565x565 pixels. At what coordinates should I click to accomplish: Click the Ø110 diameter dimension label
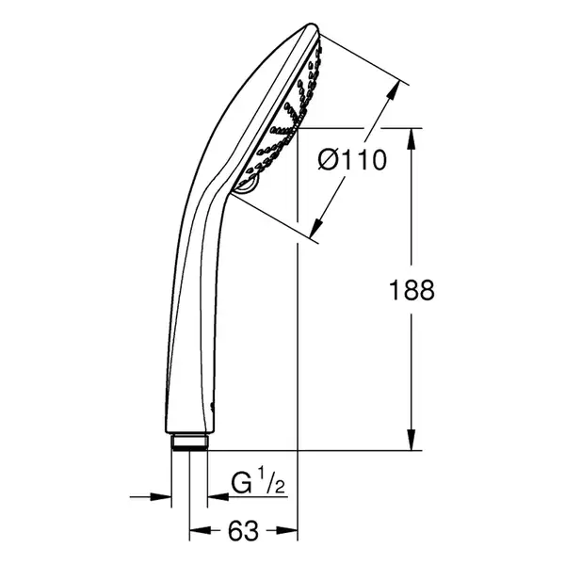tap(352, 160)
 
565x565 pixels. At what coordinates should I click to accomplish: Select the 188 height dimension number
tap(412, 290)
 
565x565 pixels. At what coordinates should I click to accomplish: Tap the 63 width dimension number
tap(243, 530)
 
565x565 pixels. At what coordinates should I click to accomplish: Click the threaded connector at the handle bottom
tap(189, 443)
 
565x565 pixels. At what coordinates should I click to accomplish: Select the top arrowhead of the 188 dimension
tap(412, 138)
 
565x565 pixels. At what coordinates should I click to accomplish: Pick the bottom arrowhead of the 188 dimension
tap(412, 440)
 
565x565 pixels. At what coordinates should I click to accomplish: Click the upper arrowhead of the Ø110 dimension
tap(394, 89)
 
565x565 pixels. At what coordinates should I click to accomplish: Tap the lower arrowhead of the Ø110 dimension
tap(316, 228)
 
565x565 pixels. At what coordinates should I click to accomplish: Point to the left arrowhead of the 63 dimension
tap(200, 530)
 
